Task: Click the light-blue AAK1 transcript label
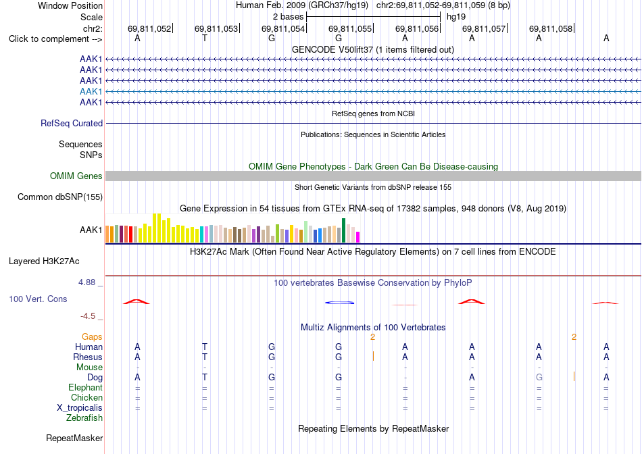coord(91,91)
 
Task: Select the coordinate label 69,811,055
coord(350,28)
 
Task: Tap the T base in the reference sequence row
coord(204,38)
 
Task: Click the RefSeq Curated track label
coord(72,123)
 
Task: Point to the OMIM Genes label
coord(76,176)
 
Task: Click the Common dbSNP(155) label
coord(60,197)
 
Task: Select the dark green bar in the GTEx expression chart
coord(344,230)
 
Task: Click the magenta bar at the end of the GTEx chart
coord(358,237)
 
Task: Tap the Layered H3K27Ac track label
coord(44,261)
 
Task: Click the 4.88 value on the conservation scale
coord(87,282)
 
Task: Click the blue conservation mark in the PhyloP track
coord(339,303)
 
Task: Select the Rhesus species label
coord(88,357)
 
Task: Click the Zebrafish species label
coord(84,418)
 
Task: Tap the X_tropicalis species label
coord(80,408)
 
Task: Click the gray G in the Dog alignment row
coord(539,377)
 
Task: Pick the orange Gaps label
coord(92,336)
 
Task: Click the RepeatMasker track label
coord(74,438)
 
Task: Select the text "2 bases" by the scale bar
coord(289,17)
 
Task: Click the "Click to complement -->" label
coord(55,39)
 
